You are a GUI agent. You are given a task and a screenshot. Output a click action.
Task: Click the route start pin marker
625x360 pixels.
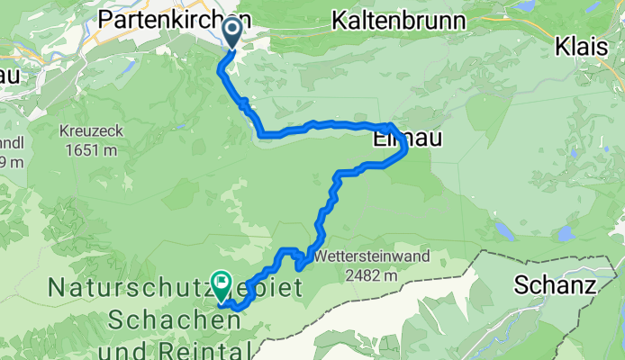click(231, 33)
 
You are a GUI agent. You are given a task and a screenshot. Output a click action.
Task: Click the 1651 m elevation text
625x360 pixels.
click(93, 149)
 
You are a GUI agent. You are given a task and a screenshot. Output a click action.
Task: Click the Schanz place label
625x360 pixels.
click(556, 286)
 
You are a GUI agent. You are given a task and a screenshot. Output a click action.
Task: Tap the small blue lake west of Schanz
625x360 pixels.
click(565, 234)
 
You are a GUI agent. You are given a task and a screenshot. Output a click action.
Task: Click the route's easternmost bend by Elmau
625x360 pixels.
click(404, 151)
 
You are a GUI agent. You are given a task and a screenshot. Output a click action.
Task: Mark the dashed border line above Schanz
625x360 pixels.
click(540, 253)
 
